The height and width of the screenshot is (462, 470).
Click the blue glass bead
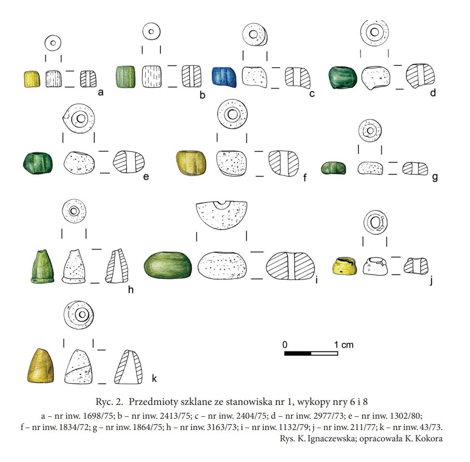click(x=224, y=77)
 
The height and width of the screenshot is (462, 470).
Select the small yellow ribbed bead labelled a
click(x=32, y=79)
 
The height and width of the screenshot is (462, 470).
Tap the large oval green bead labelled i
click(x=168, y=265)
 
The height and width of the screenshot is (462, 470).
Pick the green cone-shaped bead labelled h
click(x=42, y=266)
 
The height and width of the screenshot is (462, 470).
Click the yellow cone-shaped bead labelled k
click(x=41, y=366)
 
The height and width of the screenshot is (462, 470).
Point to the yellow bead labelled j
click(x=345, y=266)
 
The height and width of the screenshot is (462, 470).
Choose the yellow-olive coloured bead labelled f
click(x=191, y=163)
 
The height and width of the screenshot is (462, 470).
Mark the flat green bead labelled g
click(x=334, y=168)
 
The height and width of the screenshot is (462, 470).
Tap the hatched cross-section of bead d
click(x=420, y=76)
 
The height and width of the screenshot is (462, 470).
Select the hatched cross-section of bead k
click(x=128, y=367)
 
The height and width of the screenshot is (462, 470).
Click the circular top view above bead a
click(x=53, y=43)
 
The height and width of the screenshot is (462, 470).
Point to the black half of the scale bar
click(x=298, y=354)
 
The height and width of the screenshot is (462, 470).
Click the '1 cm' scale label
click(x=344, y=344)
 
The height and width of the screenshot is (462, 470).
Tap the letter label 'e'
click(x=146, y=177)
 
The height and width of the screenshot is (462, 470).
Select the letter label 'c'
click(x=312, y=94)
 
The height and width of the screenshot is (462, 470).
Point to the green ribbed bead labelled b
click(x=125, y=77)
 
